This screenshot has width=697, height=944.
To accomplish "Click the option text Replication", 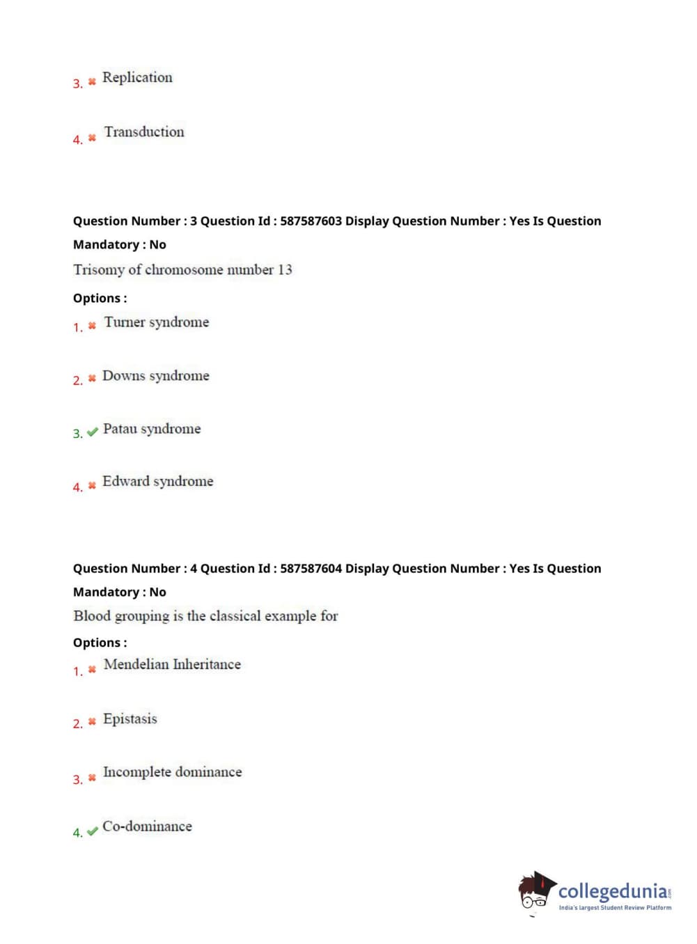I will [x=137, y=77].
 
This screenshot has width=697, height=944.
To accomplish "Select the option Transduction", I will [x=144, y=132].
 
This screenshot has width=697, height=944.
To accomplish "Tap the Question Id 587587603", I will [x=311, y=221].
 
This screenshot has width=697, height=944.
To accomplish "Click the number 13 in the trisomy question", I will [x=285, y=269].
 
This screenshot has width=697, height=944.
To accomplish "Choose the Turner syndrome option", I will [x=156, y=322].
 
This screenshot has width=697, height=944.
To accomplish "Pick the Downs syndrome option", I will [x=155, y=376].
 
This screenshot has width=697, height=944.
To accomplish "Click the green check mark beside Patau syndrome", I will [x=92, y=432].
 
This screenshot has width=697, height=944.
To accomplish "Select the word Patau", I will [x=120, y=429].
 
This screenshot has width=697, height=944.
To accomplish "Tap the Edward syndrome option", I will [x=157, y=481].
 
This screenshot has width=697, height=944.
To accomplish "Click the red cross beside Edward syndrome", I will [x=92, y=485].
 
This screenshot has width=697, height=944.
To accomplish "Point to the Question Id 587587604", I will [x=311, y=568].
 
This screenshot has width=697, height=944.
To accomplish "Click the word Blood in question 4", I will [x=92, y=616].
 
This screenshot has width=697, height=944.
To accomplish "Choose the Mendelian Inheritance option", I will [x=172, y=664].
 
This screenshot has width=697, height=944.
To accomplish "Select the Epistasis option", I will [x=130, y=718].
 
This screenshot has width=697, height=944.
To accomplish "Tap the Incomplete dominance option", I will [x=172, y=772].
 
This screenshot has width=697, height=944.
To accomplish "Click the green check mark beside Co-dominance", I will [x=92, y=831].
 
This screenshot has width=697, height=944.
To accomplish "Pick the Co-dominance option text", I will [x=147, y=826].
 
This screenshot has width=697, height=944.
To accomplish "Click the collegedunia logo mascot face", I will [x=535, y=893].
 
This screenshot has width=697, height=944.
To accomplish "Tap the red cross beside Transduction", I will [x=92, y=138].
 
